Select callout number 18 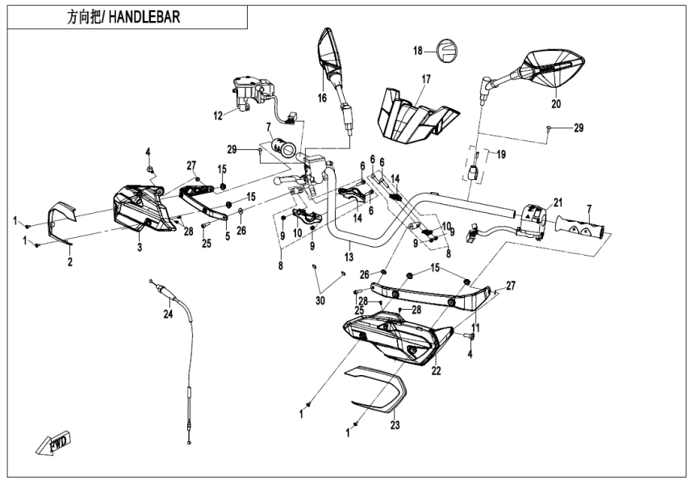point(418,51)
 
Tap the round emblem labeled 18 point(446,50)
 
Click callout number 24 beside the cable point(168,314)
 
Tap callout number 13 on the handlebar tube point(349,256)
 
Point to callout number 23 point(395,424)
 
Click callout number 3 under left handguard point(140,247)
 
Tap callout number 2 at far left point(69,261)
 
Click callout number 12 point(217,116)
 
